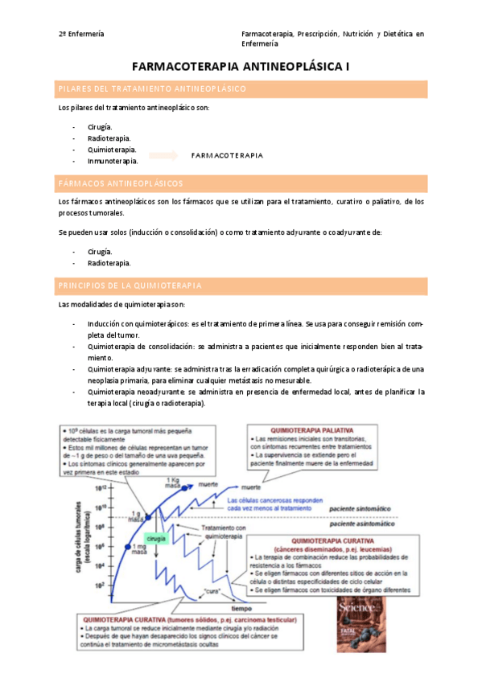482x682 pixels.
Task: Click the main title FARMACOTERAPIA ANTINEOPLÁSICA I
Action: click(x=241, y=69)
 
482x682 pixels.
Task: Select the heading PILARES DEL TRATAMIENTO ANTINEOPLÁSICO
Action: click(x=152, y=88)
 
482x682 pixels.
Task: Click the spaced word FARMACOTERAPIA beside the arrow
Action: click(x=227, y=155)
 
